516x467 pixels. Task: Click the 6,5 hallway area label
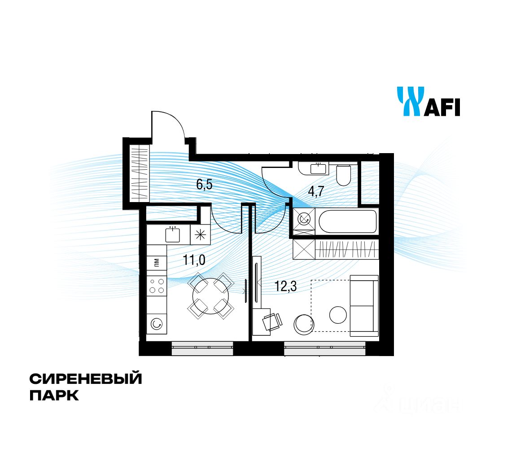[204, 184]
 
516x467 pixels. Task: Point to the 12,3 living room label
[286, 286]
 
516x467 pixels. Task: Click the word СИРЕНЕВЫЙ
[86, 379]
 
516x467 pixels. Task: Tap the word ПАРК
[54, 396]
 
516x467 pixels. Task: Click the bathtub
[347, 221]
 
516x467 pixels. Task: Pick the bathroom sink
[319, 169]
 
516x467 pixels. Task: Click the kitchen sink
[172, 234]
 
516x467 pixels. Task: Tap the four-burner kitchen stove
[157, 286]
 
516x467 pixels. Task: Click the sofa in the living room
[364, 306]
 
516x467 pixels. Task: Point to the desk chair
[272, 322]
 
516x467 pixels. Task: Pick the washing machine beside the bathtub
[304, 219]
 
